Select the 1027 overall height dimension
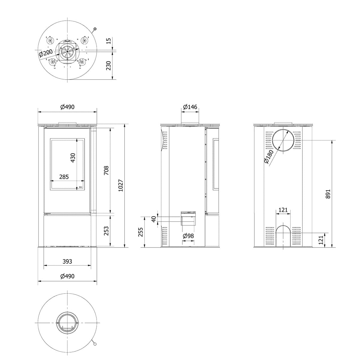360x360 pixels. pyautogui.click(x=121, y=185)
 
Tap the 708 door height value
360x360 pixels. pyautogui.click(x=106, y=170)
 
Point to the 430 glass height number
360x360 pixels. pyautogui.click(x=73, y=158)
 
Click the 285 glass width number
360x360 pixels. pyautogui.click(x=64, y=177)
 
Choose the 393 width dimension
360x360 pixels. pyautogui.click(x=67, y=261)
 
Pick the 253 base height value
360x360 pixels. pyautogui.click(x=106, y=231)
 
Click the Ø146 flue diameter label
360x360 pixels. pyautogui.click(x=190, y=107)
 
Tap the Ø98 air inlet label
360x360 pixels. pyautogui.click(x=188, y=236)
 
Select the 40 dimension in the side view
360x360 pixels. pyautogui.click(x=154, y=219)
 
